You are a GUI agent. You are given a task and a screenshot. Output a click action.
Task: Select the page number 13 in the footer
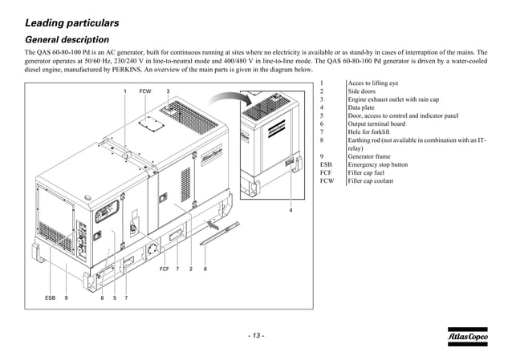point(256,335)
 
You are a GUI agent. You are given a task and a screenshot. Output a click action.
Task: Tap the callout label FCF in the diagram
point(164,269)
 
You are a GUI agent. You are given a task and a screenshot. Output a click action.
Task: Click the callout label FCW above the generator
point(145,91)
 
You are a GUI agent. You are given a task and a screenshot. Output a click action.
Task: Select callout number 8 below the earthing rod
point(205,269)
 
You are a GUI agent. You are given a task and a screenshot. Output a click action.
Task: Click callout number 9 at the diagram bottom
point(66,297)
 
